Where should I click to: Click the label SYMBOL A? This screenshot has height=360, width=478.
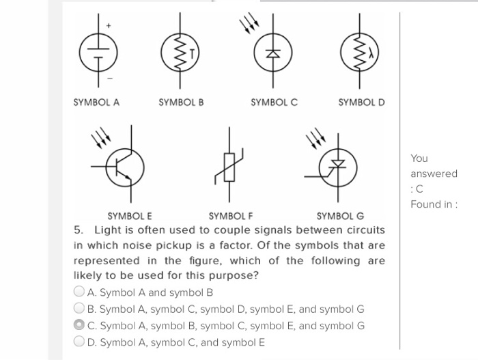tap(96, 102)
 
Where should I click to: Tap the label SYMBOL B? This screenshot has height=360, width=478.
tap(181, 102)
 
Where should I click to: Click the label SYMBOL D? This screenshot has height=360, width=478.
tap(362, 102)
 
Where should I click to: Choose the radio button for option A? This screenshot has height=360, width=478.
tap(80, 292)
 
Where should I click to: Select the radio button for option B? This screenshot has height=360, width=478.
tap(80, 309)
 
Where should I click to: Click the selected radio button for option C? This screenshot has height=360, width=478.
tap(80, 325)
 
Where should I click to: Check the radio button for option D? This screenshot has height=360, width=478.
tap(80, 342)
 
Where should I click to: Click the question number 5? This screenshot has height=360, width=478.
tap(78, 230)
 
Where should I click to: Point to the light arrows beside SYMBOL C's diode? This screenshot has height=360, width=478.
tap(248, 25)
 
